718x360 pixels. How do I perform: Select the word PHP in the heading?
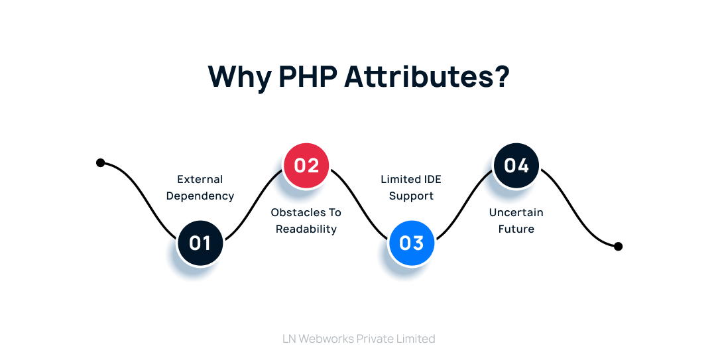pos(308,77)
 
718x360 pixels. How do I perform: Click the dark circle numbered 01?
pos(200,243)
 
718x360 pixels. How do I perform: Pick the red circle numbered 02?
pos(306,165)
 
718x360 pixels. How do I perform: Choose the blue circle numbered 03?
pos(411,243)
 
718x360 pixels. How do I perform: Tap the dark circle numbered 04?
pos(516,165)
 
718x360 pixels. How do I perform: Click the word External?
pos(200,179)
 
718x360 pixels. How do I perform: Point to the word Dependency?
pos(200,196)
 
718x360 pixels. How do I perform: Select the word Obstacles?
pos(298,212)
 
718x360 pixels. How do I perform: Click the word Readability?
pos(306,229)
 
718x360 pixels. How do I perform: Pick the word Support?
pos(411,196)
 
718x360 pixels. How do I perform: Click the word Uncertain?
pos(516,212)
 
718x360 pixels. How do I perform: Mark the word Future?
pos(516,229)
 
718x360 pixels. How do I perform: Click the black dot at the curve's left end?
pos(101,162)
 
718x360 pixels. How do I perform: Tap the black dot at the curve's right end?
pos(618,246)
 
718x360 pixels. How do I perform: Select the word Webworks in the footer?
pos(326,339)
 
